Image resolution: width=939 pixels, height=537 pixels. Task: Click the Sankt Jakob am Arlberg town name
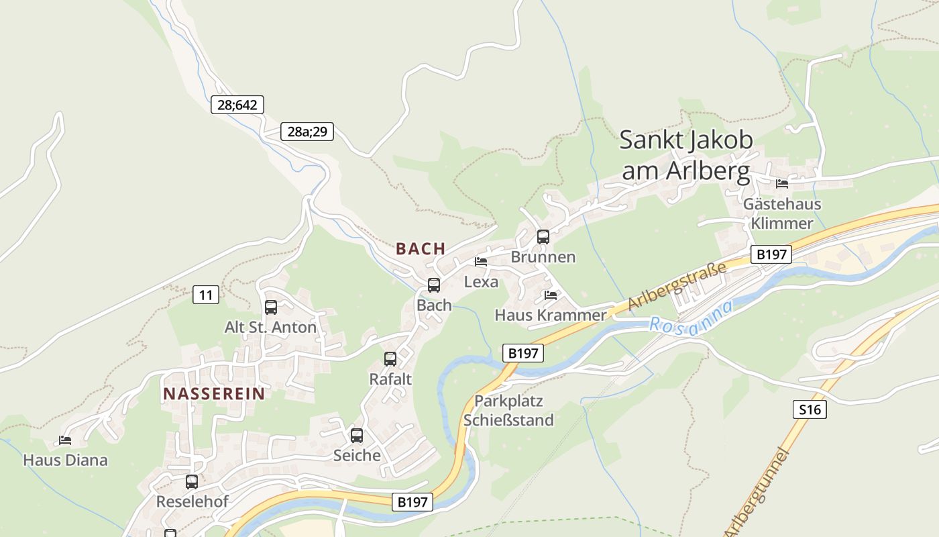tap(685, 156)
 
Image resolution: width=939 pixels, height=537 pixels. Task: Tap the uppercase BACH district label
tap(421, 248)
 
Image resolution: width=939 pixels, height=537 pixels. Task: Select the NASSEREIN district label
tap(214, 393)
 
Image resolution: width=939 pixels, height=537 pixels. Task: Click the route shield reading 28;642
tap(237, 105)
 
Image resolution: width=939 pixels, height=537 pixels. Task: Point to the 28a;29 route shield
tap(307, 132)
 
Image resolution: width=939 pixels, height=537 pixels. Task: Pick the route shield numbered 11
tap(206, 294)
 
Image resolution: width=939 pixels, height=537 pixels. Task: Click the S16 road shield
tap(810, 409)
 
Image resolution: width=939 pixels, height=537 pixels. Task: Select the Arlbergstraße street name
tap(677, 287)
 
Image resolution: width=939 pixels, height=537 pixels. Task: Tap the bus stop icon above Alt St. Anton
tap(271, 307)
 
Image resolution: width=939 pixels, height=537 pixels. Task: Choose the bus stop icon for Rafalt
tap(390, 359)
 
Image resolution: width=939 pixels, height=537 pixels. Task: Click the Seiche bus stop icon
tap(357, 436)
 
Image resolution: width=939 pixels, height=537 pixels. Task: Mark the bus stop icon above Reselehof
tap(192, 481)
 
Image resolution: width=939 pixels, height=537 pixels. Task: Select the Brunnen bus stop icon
tap(543, 237)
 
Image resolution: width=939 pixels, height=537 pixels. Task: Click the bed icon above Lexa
tap(481, 262)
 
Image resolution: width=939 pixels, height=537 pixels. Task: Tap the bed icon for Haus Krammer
tap(551, 295)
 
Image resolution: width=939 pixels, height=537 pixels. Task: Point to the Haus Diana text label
tap(65, 460)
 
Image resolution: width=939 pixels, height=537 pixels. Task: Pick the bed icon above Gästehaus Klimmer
tap(782, 183)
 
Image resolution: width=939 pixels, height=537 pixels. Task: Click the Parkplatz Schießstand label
tap(508, 411)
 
